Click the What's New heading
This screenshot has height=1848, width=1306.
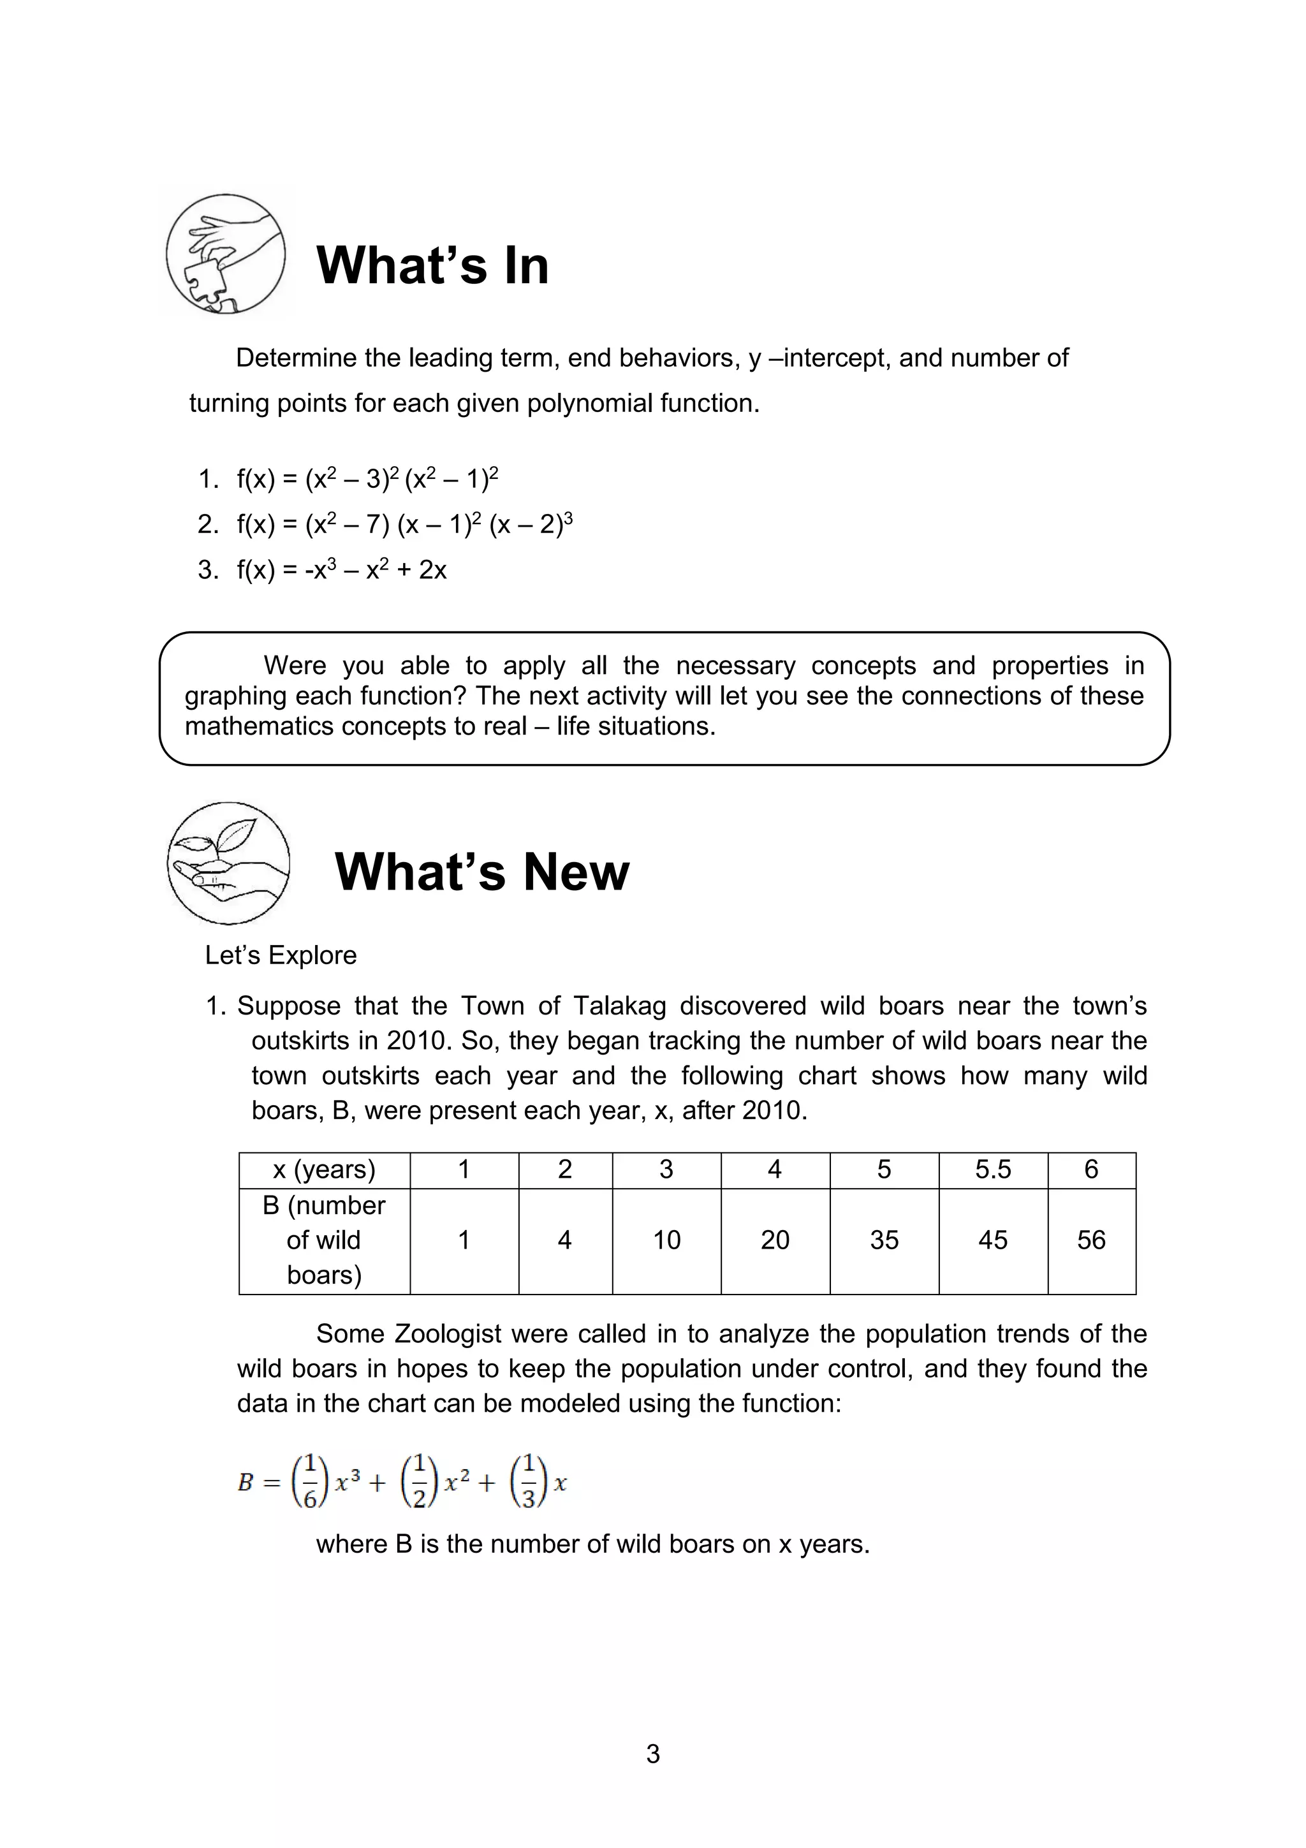click(481, 872)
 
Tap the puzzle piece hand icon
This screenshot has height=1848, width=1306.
click(225, 254)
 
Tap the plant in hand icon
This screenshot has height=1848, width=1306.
click(228, 863)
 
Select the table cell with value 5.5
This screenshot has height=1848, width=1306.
click(992, 1170)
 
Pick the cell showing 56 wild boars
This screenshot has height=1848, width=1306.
click(1090, 1240)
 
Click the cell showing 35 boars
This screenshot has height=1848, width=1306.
click(884, 1240)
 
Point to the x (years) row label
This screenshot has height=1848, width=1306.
click(325, 1170)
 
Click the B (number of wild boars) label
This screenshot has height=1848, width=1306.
click(325, 1240)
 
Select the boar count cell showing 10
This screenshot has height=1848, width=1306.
click(666, 1240)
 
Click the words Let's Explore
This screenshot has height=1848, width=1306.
click(281, 955)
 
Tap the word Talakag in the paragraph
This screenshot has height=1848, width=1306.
click(620, 1006)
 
